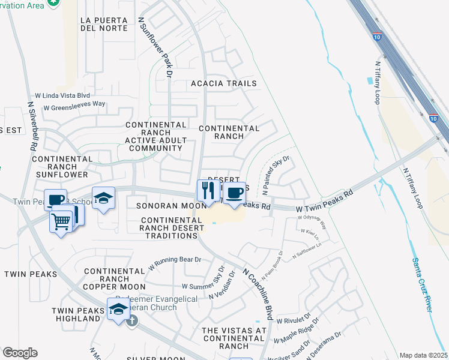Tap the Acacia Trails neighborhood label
point(224,83)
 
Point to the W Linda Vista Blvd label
point(62,95)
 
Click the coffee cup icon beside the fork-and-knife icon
point(234,193)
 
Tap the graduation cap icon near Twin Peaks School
point(103,197)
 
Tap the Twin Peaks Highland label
point(76,314)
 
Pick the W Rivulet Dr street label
point(293,319)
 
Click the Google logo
point(20,353)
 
